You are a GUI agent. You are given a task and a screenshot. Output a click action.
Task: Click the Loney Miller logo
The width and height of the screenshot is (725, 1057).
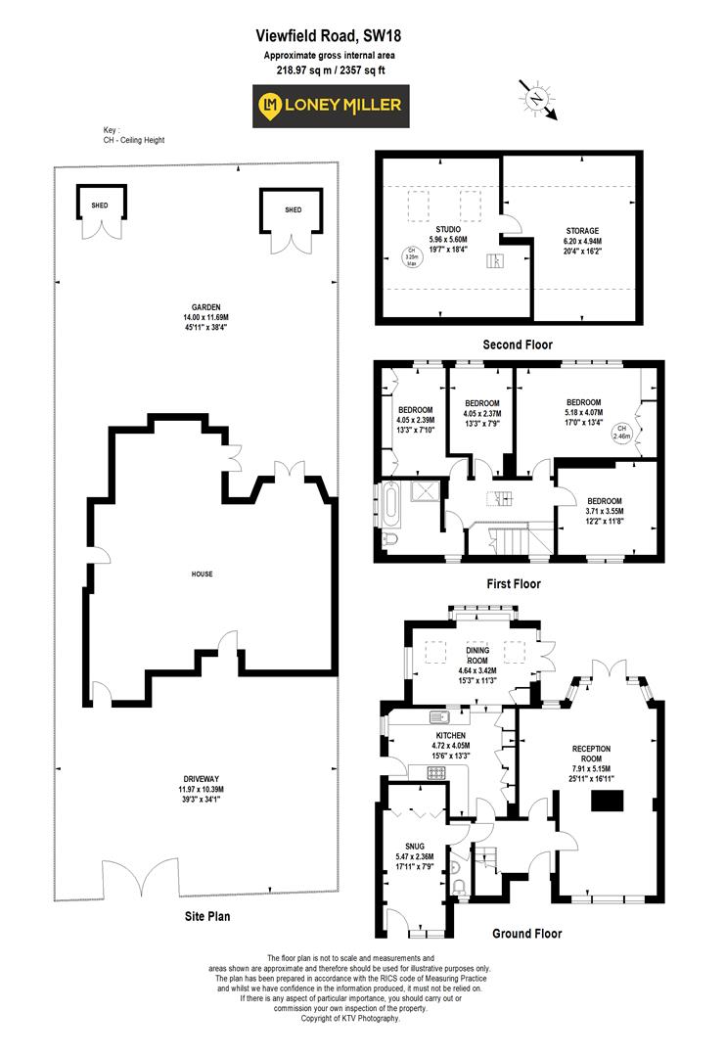332,106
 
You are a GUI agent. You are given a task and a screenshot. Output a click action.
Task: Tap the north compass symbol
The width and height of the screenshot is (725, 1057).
537,100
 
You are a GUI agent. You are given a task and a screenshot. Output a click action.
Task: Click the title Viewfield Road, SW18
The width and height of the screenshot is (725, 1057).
329,35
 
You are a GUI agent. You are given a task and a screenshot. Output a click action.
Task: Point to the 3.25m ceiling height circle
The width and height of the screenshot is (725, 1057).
412,255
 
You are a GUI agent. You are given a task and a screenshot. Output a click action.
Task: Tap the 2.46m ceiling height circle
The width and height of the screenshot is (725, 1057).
622,433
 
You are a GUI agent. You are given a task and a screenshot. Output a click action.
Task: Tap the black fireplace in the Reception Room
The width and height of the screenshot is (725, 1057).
606,801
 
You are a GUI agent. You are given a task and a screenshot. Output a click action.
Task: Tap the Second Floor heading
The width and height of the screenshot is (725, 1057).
518,345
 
